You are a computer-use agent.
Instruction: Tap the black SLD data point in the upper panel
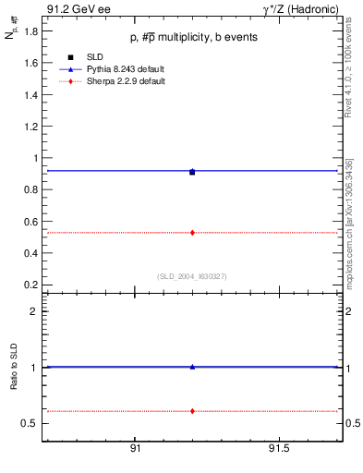[x=192, y=172]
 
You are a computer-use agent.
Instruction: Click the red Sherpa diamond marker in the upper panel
[x=192, y=233]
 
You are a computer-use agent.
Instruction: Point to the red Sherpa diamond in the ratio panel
[x=192, y=410]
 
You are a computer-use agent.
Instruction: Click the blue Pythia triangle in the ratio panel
[x=192, y=367]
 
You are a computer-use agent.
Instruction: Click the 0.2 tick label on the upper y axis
[x=30, y=285]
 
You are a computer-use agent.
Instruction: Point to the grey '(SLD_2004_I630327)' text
[x=191, y=276]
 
